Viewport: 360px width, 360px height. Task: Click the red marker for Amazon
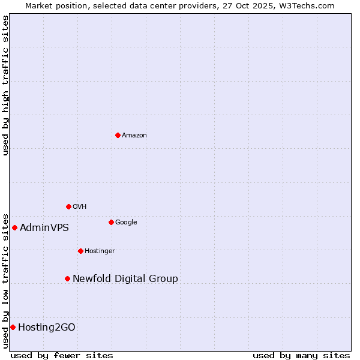118,135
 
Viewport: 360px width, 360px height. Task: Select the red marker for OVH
68,206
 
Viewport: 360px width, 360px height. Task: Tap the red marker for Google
111,222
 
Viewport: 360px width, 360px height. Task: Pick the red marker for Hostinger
80,251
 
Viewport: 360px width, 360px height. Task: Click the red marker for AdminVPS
14,227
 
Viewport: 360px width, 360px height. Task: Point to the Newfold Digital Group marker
67,278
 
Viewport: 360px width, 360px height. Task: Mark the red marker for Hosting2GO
13,327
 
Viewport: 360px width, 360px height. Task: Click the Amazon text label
134,136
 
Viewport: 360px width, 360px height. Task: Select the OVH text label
80,207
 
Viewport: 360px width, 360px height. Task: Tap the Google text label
126,223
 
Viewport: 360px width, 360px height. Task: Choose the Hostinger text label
100,251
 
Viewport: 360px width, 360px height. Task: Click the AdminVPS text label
44,228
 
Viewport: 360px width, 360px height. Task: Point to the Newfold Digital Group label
125,279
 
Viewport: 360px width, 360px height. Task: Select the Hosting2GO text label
47,328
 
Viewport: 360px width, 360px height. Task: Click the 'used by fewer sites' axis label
62,355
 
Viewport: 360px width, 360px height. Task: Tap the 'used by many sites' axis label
301,355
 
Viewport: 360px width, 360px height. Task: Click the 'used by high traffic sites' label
5,85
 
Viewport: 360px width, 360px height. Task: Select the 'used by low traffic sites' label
5,280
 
